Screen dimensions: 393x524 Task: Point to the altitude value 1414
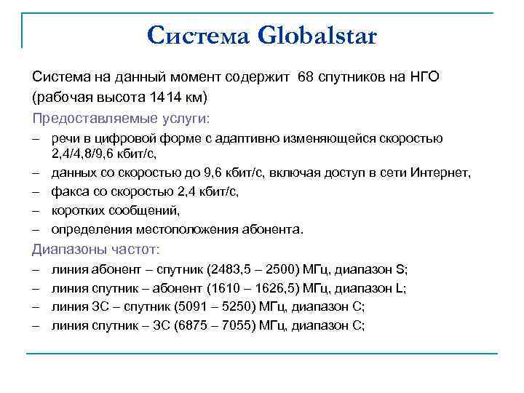pyautogui.click(x=164, y=97)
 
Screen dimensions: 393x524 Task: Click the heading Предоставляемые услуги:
pyautogui.click(x=120, y=117)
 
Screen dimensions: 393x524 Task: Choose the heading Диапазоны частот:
pyautogui.click(x=95, y=250)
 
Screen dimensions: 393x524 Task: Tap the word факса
pyautogui.click(x=69, y=192)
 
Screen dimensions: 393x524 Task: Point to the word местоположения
pyautogui.click(x=173, y=230)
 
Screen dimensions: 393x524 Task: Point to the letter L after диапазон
pyautogui.click(x=402, y=288)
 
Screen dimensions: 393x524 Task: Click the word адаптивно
pyautogui.click(x=237, y=138)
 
